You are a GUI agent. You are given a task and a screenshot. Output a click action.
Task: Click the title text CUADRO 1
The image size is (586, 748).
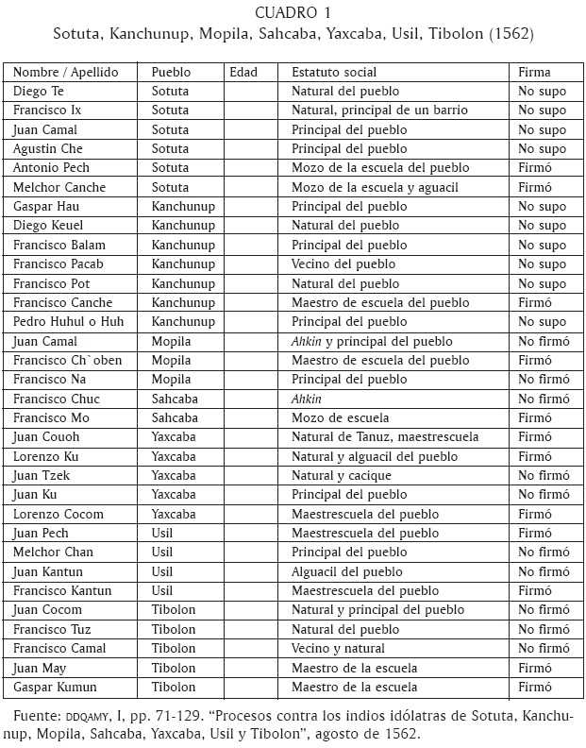(293, 13)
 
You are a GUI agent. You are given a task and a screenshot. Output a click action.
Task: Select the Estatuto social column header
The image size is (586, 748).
(334, 72)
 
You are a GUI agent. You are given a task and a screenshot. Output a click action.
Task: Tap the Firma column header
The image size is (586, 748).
(534, 72)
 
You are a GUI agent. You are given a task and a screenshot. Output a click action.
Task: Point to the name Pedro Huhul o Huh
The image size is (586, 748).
(70, 322)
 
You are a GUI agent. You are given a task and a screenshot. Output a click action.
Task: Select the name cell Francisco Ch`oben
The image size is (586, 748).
(68, 360)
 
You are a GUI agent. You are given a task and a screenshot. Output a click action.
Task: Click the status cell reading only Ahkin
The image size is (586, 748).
(307, 399)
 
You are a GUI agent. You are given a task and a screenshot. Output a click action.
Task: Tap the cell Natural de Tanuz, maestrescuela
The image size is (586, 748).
(385, 437)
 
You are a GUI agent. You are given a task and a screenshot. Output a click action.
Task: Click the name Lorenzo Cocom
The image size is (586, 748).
(59, 514)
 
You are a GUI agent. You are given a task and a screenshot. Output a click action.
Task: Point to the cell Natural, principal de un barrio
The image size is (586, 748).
(379, 110)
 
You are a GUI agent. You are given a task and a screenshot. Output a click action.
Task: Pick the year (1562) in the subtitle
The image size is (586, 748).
(510, 35)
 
